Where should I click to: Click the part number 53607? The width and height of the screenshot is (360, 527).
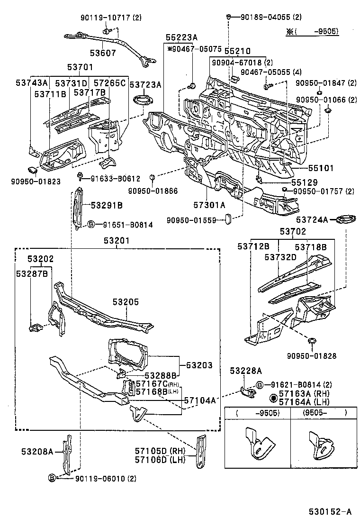tap(103, 53)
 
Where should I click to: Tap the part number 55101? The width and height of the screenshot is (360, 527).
tap(309, 168)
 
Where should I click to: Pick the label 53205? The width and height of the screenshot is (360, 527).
tap(126, 301)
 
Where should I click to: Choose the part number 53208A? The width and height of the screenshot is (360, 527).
tap(37, 452)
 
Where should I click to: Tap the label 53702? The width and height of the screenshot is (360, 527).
tap(292, 232)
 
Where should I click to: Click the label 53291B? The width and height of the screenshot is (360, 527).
tap(107, 205)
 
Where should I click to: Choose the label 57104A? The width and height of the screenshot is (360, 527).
tap(200, 400)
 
